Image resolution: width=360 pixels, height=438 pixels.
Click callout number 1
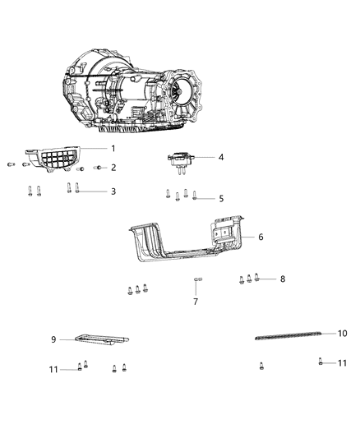tap(113, 148)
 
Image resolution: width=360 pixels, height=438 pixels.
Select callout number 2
tap(113, 168)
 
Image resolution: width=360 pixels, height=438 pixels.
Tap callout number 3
tap(113, 191)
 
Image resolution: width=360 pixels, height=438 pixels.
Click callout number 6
tap(260, 237)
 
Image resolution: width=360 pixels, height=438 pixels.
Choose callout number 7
tap(196, 302)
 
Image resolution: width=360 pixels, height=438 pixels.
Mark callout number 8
tap(282, 279)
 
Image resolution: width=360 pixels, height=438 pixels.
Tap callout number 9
tap(53, 339)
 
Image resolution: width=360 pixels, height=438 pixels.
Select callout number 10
tap(343, 333)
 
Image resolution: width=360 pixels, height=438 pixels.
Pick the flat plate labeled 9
tap(103, 339)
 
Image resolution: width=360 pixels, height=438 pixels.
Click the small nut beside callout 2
tap(97, 168)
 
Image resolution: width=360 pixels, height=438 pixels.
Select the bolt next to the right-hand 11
tap(319, 362)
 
